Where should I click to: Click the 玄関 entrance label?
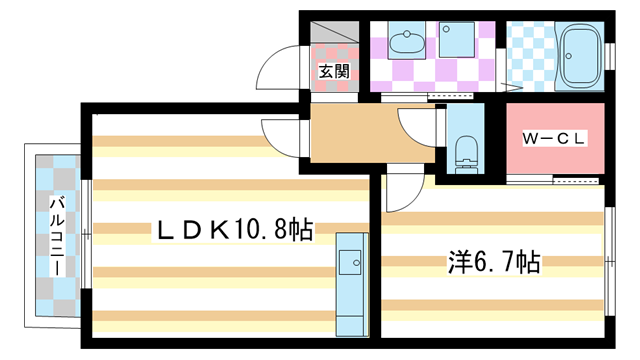point(334,71)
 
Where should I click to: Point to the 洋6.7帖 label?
point(493,263)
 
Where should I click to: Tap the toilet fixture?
point(464,155)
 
